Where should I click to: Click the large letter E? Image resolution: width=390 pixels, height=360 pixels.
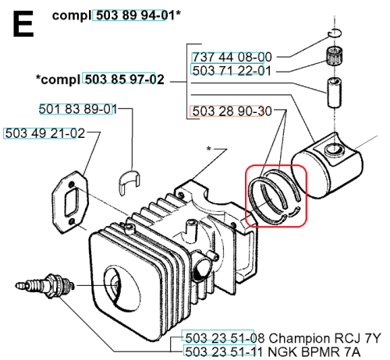(x=23, y=24)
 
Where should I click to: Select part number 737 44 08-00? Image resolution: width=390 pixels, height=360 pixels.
(x=232, y=57)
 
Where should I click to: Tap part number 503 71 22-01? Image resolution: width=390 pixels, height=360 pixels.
(x=232, y=71)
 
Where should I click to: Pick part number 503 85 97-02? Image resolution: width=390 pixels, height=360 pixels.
(x=125, y=79)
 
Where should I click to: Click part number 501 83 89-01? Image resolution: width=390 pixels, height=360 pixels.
(x=78, y=109)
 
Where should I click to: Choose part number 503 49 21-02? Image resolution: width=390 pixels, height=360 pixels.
(x=44, y=133)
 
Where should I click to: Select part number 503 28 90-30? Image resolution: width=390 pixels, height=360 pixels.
(x=232, y=111)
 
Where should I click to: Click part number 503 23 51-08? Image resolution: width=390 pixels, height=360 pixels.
(x=225, y=338)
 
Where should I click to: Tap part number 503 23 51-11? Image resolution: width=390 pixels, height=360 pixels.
(x=225, y=352)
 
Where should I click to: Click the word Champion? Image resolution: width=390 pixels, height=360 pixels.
(x=300, y=339)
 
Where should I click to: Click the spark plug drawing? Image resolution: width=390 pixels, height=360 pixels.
(x=44, y=287)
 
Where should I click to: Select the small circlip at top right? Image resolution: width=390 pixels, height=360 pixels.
(x=335, y=33)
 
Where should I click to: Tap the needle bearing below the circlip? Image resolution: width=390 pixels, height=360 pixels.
(x=334, y=55)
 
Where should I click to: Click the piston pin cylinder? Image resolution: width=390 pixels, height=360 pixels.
(x=334, y=93)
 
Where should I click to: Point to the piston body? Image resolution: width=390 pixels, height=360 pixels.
(x=328, y=166)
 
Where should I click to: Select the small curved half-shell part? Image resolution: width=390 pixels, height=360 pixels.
(x=129, y=182)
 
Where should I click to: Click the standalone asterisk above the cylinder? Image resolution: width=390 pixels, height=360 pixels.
(x=208, y=149)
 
